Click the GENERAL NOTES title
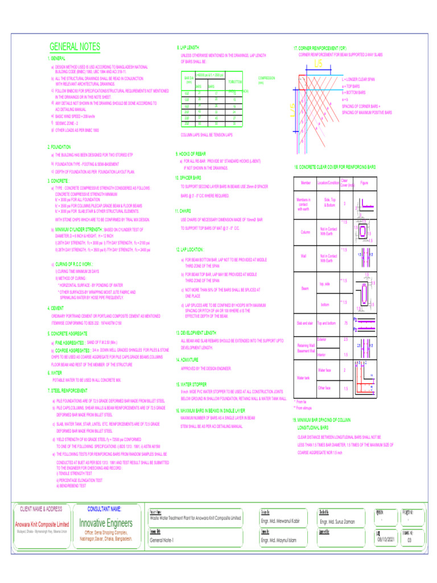coord(75,47)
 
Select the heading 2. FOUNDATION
coord(59,146)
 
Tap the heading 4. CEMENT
coord(56,308)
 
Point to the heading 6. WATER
coord(56,373)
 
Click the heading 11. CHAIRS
coord(185,211)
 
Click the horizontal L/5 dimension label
coord(318,64)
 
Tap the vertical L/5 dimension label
coord(292,109)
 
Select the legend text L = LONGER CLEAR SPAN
coord(358,80)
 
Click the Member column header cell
coord(306,182)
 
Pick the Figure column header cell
coord(364,182)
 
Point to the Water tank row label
coord(304,377)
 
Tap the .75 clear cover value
coord(345,323)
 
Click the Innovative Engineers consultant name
coord(106,523)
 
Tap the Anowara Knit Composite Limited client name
coord(42,524)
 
